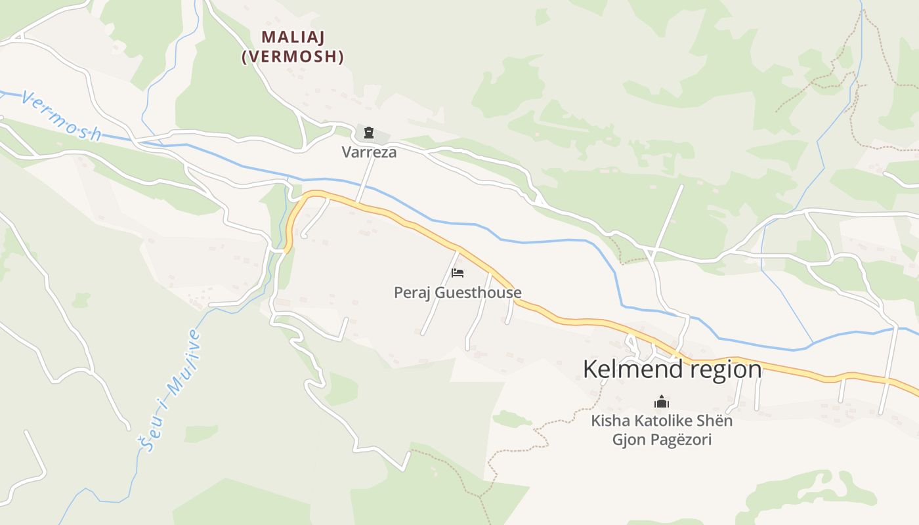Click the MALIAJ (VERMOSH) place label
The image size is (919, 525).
293,47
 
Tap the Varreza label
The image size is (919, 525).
369,152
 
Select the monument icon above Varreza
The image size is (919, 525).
369,133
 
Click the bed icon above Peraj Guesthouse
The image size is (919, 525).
458,272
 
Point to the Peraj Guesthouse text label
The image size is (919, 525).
458,292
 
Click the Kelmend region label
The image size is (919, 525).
672,369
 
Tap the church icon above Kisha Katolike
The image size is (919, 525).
662,401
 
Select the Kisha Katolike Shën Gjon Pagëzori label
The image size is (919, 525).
662,430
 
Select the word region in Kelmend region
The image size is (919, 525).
725,369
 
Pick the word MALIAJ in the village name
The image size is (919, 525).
293,37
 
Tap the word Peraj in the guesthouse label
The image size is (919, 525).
412,292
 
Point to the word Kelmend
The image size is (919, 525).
633,369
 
